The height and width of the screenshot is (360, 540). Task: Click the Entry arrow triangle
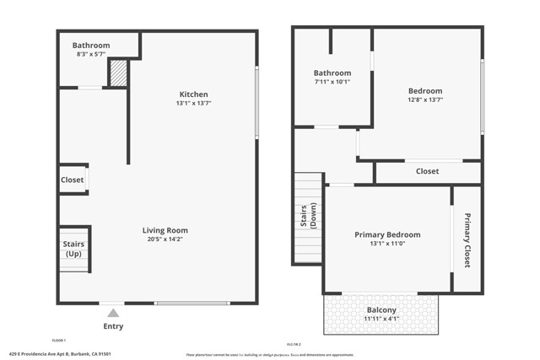tap(113, 313)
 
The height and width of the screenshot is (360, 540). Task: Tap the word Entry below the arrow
tap(113, 326)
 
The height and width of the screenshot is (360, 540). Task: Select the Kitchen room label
tap(193, 94)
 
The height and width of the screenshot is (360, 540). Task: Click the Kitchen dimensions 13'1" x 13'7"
tap(193, 104)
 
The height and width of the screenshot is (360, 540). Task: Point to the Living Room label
tap(165, 230)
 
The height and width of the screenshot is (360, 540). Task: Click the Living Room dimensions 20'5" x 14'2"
tap(165, 239)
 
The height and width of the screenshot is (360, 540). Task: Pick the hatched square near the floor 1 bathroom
tap(118, 73)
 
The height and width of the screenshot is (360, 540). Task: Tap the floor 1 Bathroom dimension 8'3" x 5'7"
tap(90, 55)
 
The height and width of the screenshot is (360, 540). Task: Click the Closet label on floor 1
tap(72, 180)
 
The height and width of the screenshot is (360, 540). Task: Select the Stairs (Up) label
tap(73, 249)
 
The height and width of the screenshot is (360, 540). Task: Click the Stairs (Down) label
tap(308, 216)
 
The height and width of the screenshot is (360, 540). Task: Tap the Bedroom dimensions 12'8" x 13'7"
tap(425, 100)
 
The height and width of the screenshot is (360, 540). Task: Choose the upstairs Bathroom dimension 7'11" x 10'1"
tap(332, 83)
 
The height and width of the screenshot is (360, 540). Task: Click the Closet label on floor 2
tap(427, 172)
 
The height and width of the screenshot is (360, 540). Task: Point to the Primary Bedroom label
tap(387, 234)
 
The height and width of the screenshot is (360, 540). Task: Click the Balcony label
tap(381, 309)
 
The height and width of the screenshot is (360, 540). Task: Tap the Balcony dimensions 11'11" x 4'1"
tap(381, 320)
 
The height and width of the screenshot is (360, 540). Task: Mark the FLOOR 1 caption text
tap(59, 340)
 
